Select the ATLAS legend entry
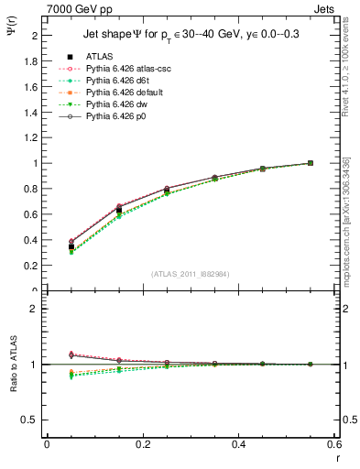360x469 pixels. click(x=101, y=56)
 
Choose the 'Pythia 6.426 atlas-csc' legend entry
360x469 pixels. click(x=128, y=69)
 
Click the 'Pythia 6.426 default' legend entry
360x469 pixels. click(x=124, y=93)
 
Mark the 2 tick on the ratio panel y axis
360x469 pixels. click(x=37, y=310)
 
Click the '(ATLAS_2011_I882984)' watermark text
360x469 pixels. click(x=191, y=273)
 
